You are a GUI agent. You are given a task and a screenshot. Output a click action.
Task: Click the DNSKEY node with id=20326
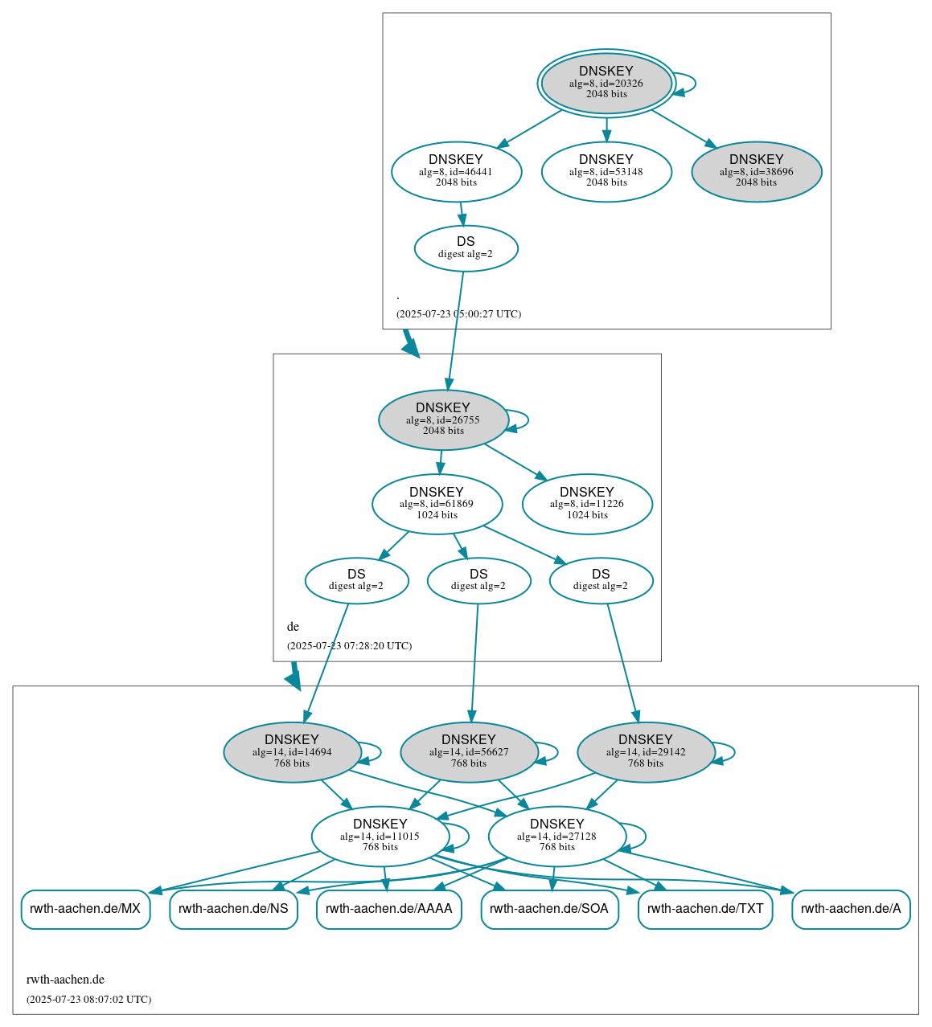[606, 83]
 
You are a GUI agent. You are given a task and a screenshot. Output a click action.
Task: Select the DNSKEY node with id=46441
[456, 171]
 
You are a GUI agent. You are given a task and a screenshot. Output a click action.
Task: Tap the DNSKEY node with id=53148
[606, 171]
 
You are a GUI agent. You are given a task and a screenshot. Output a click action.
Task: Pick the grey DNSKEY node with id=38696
[756, 171]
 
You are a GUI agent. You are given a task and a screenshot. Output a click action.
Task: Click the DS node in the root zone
[466, 248]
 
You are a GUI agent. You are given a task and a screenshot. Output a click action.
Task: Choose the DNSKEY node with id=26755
[443, 419]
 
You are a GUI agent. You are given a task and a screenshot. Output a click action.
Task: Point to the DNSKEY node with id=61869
[437, 504]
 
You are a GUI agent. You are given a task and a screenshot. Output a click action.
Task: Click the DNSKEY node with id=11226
[587, 504]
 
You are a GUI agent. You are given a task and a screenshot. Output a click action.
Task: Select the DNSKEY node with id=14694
[292, 752]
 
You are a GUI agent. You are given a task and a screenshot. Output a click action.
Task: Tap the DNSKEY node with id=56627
[469, 752]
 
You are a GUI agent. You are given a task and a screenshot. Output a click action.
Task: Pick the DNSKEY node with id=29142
[646, 752]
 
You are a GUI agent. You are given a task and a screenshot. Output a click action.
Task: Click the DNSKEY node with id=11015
[380, 836]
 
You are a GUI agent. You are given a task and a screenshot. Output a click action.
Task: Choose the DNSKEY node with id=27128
[557, 836]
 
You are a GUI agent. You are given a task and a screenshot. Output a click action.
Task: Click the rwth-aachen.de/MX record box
[85, 909]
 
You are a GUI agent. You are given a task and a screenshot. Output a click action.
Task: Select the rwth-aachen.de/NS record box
[233, 909]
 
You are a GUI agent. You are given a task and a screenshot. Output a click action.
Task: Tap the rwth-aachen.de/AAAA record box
[389, 909]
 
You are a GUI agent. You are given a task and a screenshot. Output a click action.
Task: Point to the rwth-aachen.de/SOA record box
[549, 909]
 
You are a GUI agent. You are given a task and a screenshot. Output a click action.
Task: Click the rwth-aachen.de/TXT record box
[705, 909]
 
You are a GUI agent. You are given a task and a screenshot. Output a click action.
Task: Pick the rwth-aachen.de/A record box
[851, 909]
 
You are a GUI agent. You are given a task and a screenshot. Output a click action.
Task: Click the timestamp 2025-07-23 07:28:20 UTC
[349, 646]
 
